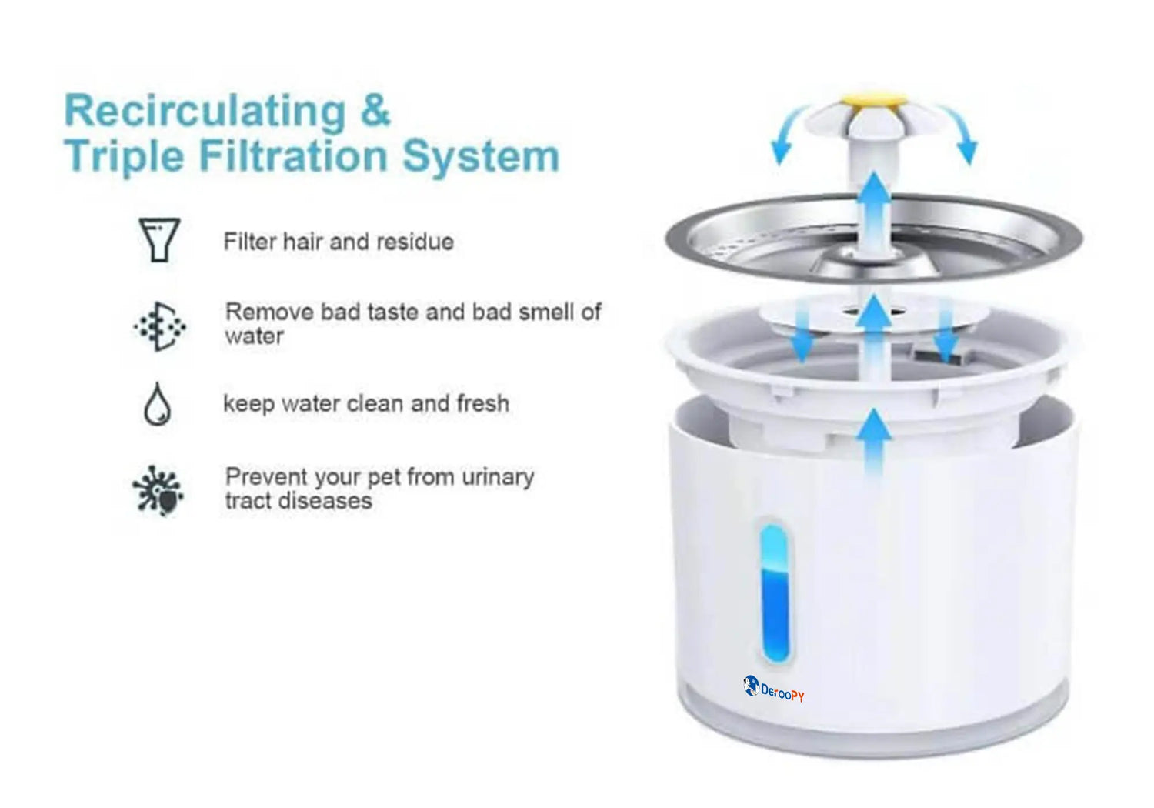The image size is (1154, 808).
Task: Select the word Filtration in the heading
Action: click(x=293, y=155)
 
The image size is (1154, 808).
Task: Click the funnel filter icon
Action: click(x=159, y=239)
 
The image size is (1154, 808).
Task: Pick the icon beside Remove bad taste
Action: click(x=160, y=327)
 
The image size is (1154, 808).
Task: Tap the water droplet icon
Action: click(x=157, y=404)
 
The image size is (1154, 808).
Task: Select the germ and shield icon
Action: click(x=158, y=490)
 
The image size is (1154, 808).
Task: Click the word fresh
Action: click(x=482, y=403)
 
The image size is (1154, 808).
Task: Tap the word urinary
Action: click(x=498, y=478)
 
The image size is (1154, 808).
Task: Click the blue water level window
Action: click(x=775, y=593)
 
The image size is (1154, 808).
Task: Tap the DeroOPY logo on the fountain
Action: click(x=774, y=689)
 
